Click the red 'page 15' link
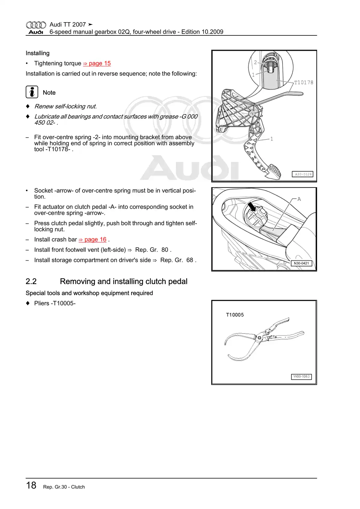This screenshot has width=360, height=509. tap(97, 63)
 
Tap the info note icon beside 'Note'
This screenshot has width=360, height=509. tap(32, 92)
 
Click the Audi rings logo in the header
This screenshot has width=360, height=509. tap(36, 25)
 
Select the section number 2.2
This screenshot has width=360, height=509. tap(31, 281)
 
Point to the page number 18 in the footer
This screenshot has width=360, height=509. tap(31, 485)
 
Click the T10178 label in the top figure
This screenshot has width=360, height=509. tap(304, 82)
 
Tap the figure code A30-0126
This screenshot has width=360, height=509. tap(303, 174)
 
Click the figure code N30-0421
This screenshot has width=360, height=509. tap(301, 263)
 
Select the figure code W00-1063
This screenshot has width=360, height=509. tap(301, 376)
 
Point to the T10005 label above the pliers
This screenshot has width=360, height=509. tap(235, 315)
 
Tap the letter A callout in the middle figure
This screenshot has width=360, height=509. tap(299, 199)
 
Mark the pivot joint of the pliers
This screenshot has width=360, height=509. tap(259, 338)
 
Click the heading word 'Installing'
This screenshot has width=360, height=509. tap(37, 53)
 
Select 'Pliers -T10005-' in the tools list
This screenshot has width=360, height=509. tap(55, 303)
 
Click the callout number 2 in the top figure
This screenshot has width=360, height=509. tap(255, 62)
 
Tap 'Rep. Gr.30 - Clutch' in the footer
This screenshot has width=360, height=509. tap(64, 487)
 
